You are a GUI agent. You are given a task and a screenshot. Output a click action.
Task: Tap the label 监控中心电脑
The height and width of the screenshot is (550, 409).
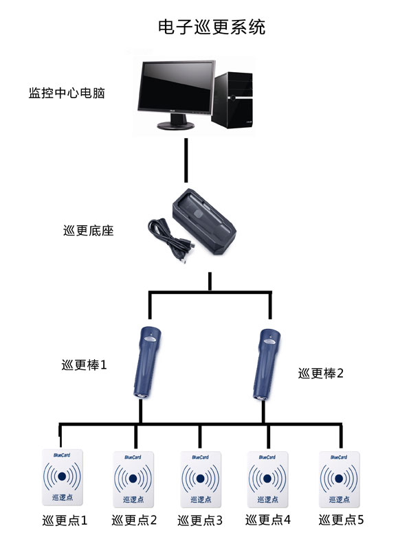tap(66, 92)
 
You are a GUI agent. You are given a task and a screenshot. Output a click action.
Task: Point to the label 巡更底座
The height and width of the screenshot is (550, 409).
tap(88, 231)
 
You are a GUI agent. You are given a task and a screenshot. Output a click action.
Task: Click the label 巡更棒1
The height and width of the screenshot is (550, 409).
tap(84, 365)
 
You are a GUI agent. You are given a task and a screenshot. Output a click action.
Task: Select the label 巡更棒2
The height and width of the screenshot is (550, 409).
tap(320, 374)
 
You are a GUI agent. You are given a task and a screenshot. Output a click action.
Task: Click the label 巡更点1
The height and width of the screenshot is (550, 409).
tap(65, 520)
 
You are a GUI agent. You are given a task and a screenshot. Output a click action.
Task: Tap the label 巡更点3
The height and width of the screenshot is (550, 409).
tap(200, 520)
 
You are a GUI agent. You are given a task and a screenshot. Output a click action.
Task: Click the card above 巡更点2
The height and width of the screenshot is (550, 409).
tap(133, 479)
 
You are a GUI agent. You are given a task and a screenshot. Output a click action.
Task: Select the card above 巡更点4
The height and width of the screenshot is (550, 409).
tap(268, 479)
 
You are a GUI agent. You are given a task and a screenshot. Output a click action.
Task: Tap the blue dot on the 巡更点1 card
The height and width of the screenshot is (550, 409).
tap(62, 476)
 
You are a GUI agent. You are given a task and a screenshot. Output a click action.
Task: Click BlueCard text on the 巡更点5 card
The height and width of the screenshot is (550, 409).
tap(339, 457)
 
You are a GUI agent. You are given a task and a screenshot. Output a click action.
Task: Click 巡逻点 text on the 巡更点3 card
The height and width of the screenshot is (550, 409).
tap(200, 498)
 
